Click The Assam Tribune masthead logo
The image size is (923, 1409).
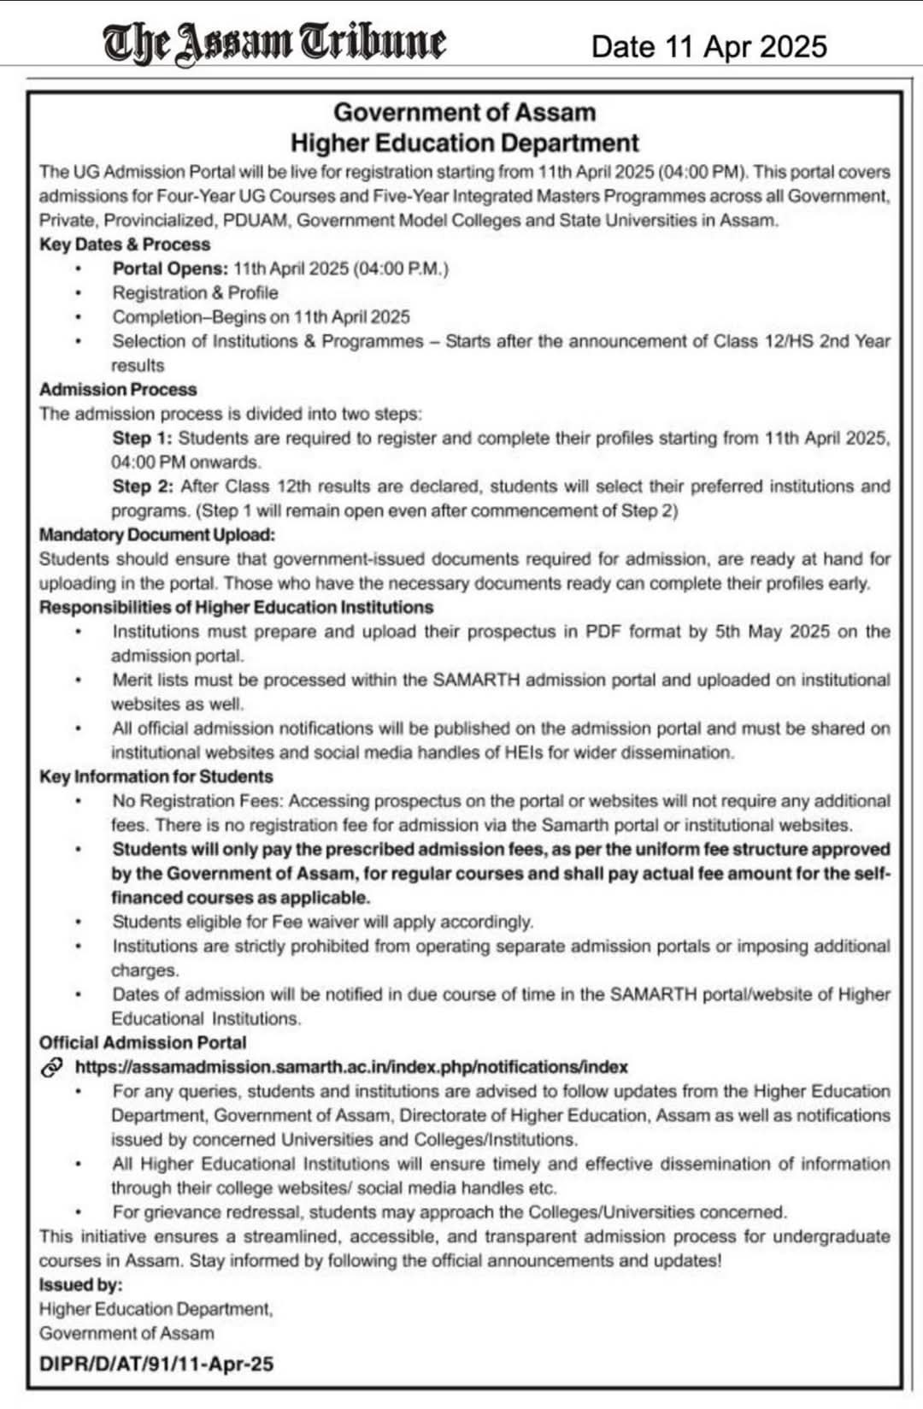coord(274,42)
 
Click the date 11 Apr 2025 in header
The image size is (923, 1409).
coord(708,46)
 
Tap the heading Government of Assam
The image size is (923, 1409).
coord(464,112)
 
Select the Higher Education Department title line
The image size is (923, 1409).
coord(464,142)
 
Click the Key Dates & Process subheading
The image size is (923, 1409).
coord(125,245)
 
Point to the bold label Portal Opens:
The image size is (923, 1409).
coord(170,268)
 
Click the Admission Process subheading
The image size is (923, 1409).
coord(118,390)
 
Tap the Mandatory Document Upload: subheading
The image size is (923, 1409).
coord(157,535)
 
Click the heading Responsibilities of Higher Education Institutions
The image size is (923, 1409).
coord(236,608)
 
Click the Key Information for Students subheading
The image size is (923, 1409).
coord(156,777)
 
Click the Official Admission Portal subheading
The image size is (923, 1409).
coord(143,1043)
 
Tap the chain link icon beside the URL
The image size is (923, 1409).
coord(52,1067)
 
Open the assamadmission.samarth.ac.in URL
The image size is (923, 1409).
coord(351,1067)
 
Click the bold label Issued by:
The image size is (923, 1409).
coord(80,1285)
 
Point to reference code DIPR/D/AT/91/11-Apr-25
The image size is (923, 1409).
coord(156,1364)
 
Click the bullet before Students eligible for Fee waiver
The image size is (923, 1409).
coord(79,923)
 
